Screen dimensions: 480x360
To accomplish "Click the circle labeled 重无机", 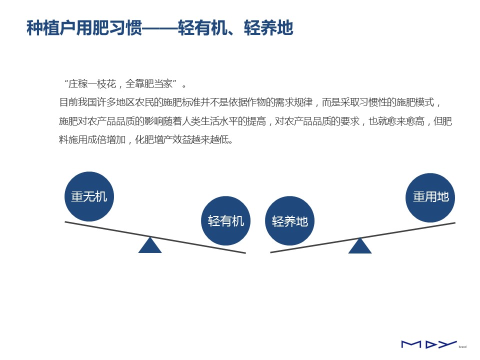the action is coord(89,196).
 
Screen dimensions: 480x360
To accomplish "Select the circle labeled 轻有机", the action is coord(225,220).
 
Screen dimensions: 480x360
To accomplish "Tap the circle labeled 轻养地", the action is coord(289,220).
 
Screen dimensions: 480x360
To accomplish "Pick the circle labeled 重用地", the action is coord(430,198).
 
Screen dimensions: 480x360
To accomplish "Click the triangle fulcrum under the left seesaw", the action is coord(150,245).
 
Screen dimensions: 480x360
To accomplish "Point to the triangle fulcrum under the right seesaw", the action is coord(360,246).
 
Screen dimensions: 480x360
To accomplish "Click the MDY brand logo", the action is coord(429,344).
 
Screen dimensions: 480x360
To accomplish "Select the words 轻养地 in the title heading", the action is coord(268,28).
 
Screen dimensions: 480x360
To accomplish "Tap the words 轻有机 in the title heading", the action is coord(202,28).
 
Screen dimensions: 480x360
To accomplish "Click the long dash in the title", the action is coord(160,28).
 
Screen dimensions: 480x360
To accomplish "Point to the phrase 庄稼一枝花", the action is coord(92,84).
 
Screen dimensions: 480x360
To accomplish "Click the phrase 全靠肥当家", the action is coord(149,84).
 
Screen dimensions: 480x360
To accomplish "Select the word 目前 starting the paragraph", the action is coord(68,102).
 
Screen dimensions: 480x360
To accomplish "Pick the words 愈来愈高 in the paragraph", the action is coord(405,121).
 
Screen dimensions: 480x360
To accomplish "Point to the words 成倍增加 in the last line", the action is coord(106,140).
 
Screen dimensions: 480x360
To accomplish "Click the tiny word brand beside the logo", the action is coord(462,347).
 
